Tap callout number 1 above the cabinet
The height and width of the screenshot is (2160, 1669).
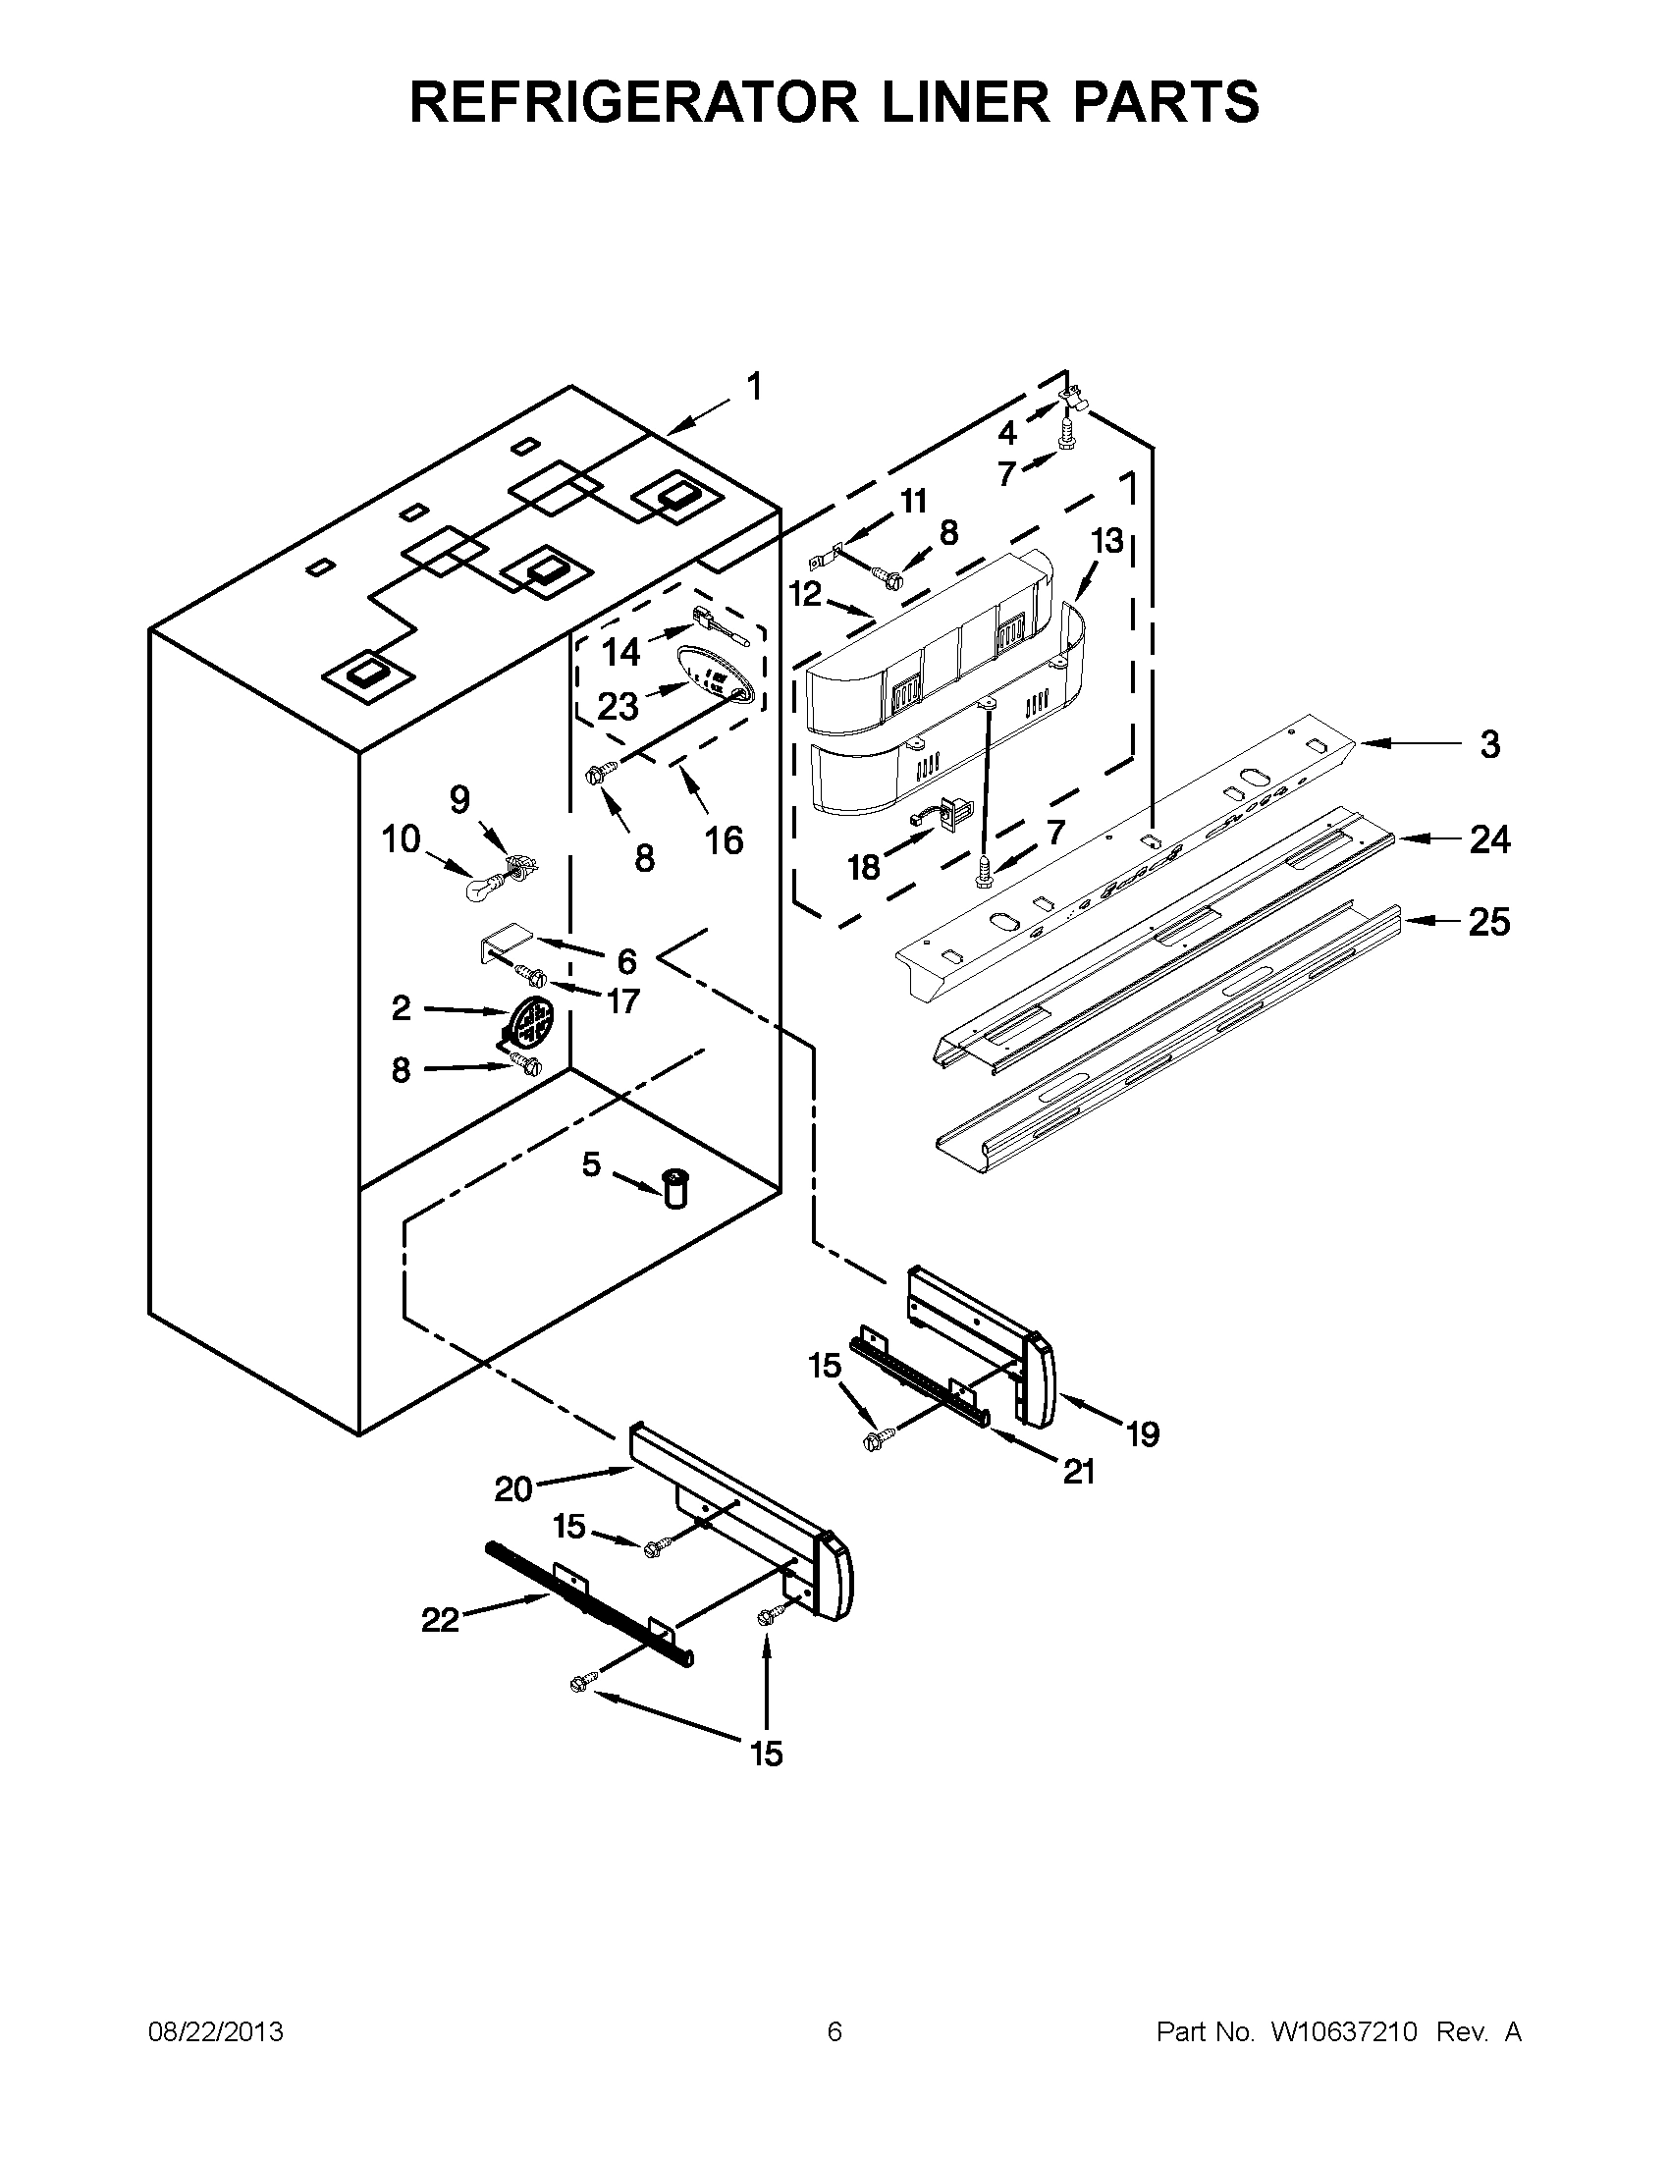click(x=754, y=388)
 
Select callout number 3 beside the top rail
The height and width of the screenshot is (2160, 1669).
click(x=1489, y=745)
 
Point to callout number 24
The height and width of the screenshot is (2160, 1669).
click(x=1489, y=839)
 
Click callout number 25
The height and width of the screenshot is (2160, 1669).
click(x=1489, y=922)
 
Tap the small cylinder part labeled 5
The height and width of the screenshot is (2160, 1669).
click(x=675, y=1186)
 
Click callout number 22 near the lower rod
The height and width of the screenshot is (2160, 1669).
click(x=440, y=1620)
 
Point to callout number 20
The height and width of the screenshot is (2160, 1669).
click(x=513, y=1488)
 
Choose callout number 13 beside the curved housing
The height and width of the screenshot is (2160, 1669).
click(x=1107, y=541)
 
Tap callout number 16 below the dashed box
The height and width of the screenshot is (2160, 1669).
click(x=724, y=840)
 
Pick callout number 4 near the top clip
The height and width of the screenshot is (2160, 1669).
click(x=1006, y=433)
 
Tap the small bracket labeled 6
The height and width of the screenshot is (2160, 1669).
click(x=507, y=935)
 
